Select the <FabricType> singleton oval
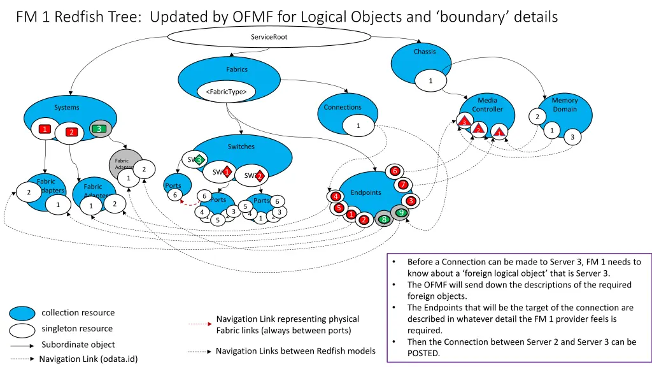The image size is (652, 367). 226,92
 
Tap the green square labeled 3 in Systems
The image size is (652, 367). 99,129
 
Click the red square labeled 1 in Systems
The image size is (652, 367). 44,129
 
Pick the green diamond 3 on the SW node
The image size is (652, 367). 199,159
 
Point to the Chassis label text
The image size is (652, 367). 424,52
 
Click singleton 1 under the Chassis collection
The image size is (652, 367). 430,81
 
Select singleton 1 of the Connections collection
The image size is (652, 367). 358,126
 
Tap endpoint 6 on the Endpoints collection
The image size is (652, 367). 395,171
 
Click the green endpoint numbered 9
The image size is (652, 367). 400,212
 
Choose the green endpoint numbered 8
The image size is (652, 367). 384,219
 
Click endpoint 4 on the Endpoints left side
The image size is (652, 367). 336,196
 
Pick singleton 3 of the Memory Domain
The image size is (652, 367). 572,137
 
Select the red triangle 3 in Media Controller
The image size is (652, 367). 464,122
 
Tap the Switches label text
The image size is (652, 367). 241,147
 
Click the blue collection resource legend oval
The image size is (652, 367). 22,313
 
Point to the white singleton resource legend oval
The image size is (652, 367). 22,329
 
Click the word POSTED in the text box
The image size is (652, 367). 423,354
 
